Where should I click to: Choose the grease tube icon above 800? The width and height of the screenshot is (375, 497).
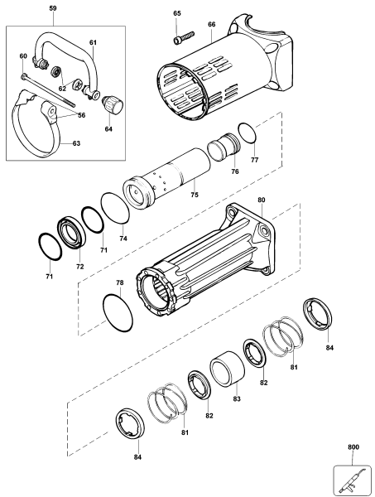click(x=349, y=478)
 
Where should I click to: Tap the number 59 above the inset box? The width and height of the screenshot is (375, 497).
click(x=53, y=9)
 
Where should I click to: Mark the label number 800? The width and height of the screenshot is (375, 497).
click(x=354, y=447)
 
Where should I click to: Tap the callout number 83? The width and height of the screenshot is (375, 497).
click(x=236, y=399)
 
